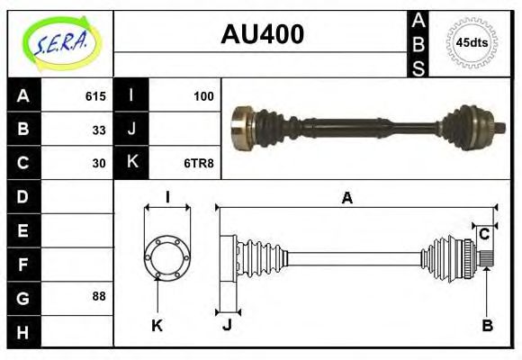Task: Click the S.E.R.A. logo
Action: tap(60, 40)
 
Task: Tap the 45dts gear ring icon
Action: tap(471, 42)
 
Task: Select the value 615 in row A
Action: tap(95, 96)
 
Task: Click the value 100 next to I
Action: tap(203, 96)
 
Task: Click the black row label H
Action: tap(22, 331)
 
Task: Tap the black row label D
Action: tap(22, 196)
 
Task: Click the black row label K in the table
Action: tap(131, 163)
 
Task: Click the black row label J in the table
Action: tap(131, 130)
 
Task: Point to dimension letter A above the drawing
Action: tap(346, 199)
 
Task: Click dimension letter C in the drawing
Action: tap(484, 234)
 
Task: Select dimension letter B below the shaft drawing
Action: tap(487, 326)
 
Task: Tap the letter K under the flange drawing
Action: tap(157, 326)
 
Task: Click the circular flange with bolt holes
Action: tap(167, 257)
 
